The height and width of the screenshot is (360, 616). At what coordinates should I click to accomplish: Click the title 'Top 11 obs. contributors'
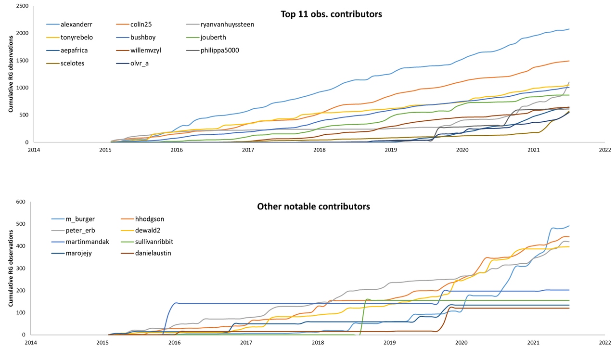[331, 14]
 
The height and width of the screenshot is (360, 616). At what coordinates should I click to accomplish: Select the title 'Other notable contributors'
[313, 206]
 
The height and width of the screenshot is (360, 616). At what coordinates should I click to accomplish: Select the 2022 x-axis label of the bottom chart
[604, 343]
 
